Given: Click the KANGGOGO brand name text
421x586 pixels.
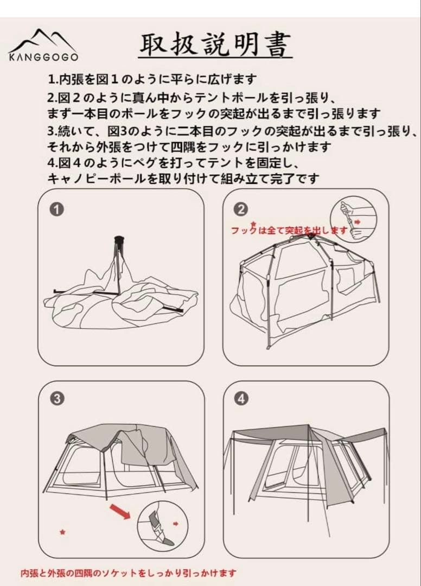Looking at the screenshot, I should coord(43,56).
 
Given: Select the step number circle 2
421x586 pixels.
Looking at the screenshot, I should coord(242,209).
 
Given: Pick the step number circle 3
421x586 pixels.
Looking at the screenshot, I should coord(57,399).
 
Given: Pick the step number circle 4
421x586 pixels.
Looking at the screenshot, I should coord(242,399).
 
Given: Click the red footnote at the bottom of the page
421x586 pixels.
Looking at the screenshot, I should coord(129,572).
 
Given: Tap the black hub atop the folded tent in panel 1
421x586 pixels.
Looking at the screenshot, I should coord(118,240).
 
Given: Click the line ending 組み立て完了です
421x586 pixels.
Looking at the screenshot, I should coord(183,178).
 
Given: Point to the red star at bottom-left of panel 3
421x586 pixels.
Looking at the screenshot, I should coord(63,532).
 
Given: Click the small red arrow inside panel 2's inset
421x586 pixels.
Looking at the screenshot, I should coord(357,222).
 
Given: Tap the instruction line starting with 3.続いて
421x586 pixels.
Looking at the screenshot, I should coord(234,131).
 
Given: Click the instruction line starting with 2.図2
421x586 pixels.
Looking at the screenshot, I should coord(192,98).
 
